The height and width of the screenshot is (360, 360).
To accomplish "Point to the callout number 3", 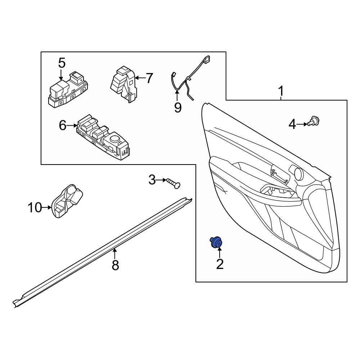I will point(152,179).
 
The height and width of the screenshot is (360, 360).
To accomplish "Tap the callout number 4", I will point(292,125).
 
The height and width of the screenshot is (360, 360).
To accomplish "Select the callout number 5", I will point(62,63).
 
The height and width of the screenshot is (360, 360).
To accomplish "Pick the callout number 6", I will point(62,126).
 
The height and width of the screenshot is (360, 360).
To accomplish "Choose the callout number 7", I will point(149,78).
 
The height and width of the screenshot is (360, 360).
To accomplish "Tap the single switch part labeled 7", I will point(123,85).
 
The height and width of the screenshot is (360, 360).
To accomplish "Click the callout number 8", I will point(115,265).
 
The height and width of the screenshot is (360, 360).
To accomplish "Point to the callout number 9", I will point(178,107).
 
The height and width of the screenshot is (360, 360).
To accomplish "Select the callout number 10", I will point(35,208).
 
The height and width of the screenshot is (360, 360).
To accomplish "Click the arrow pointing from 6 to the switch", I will point(72,126).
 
